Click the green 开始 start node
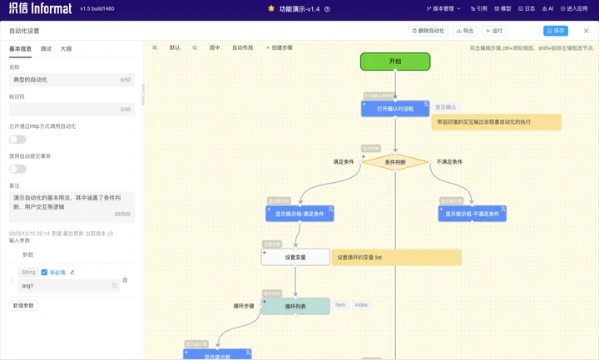(x=395, y=62)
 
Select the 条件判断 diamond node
(x=395, y=162)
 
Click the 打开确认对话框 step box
(x=395, y=108)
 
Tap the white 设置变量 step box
(x=295, y=257)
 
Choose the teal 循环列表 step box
(x=295, y=306)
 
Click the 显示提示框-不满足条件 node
(x=472, y=214)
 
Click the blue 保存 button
(x=555, y=31)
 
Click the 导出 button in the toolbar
(x=465, y=31)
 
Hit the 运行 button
(x=494, y=31)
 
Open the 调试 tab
(x=46, y=49)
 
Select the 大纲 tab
(x=66, y=49)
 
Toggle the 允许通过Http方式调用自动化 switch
(x=17, y=139)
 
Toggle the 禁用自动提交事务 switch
(x=17, y=169)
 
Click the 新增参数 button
(x=24, y=305)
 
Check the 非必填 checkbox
(x=44, y=272)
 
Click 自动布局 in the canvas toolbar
(x=242, y=48)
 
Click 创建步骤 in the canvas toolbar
(x=280, y=48)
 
